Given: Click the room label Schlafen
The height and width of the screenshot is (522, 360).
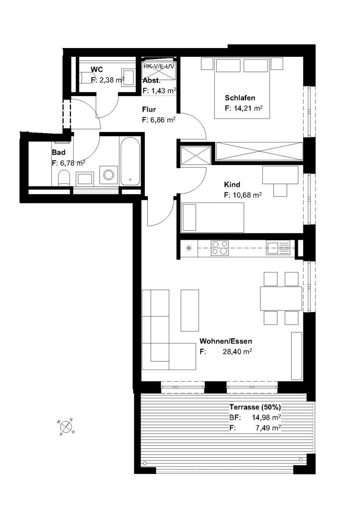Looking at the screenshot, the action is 240,98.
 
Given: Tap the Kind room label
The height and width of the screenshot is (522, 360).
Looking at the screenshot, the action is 232,184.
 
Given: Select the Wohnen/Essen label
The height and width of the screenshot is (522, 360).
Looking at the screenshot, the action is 226,341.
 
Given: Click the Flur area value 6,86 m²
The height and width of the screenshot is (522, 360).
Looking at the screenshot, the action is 163,120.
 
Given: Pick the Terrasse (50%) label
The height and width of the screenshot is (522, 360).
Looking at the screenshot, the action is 255,407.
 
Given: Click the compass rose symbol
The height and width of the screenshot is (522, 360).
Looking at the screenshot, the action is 67,426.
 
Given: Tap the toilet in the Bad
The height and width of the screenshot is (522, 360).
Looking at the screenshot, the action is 63,177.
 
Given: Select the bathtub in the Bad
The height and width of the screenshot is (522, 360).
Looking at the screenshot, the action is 130,161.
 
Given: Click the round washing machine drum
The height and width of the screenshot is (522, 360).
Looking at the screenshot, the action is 109,175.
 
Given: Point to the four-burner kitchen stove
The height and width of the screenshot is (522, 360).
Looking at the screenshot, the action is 219,248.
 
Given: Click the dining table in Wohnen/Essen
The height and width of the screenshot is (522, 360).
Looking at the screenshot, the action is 281,298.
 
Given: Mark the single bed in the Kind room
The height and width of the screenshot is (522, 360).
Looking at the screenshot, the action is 213,218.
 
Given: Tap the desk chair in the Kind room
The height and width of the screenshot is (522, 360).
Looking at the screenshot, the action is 280,190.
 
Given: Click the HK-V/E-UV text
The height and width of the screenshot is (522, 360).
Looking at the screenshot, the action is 159,66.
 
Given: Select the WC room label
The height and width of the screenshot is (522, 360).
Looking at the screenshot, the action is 97,69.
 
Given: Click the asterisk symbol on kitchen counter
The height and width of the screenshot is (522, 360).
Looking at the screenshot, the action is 189,248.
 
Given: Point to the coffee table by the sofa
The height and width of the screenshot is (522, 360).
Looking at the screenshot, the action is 190,310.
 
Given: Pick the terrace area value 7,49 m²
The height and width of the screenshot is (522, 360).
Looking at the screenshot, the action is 268,428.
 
